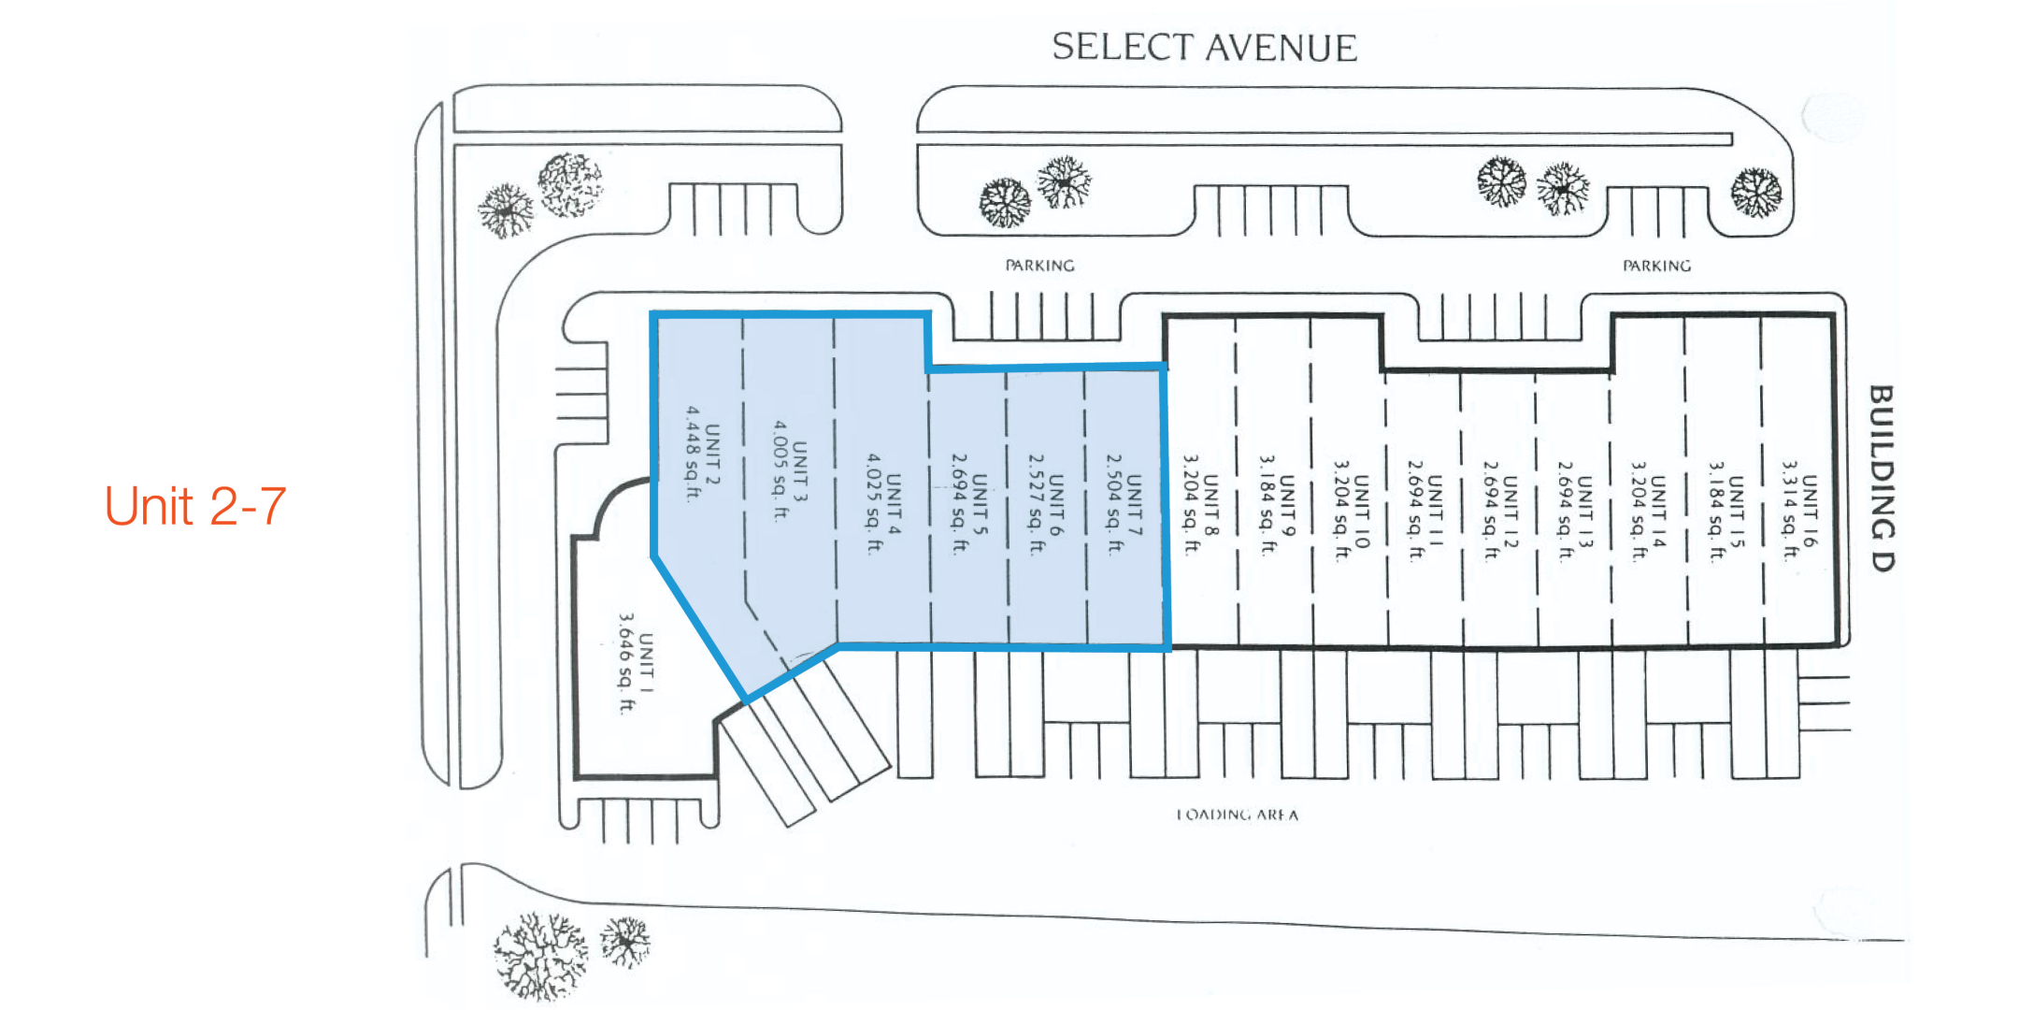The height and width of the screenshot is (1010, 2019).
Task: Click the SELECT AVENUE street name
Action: point(1204,48)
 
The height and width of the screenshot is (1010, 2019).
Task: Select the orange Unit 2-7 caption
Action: point(195,506)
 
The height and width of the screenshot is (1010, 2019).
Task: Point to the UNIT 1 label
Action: point(646,663)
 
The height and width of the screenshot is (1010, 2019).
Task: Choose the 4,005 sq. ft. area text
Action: point(780,470)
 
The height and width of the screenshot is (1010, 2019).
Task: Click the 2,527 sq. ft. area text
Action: point(1036,504)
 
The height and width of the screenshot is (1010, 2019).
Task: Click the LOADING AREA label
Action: point(1237,815)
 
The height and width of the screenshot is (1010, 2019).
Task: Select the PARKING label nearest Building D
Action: point(1656,266)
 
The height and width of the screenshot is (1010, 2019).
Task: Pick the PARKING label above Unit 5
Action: point(1039,266)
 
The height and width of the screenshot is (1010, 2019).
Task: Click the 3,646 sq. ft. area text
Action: point(625,663)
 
